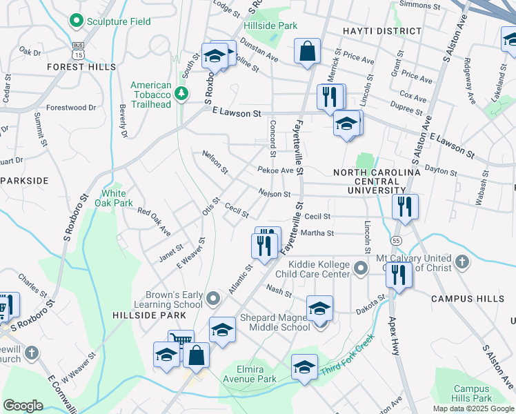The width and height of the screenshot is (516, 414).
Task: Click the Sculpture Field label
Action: (118, 21)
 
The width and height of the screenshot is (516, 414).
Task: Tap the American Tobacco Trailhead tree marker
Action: (181, 93)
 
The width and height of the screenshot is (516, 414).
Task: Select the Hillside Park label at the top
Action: (270, 26)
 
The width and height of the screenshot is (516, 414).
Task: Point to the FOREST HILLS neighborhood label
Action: (81, 67)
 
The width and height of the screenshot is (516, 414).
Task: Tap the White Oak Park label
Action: (118, 198)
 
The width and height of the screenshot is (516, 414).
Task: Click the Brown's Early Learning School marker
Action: (213, 299)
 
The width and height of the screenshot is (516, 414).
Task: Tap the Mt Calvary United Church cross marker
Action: (462, 262)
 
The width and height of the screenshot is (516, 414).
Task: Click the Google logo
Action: (23, 406)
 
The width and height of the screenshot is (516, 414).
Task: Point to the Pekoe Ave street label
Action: (276, 170)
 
